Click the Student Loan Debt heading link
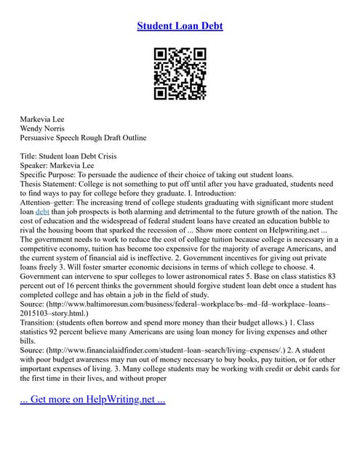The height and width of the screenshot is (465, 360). tap(180, 26)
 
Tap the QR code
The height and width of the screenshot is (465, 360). tap(180, 73)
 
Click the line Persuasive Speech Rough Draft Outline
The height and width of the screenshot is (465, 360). tap(83, 137)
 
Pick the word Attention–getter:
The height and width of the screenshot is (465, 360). tap(51, 203)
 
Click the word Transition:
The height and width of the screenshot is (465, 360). tap(43, 325)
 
